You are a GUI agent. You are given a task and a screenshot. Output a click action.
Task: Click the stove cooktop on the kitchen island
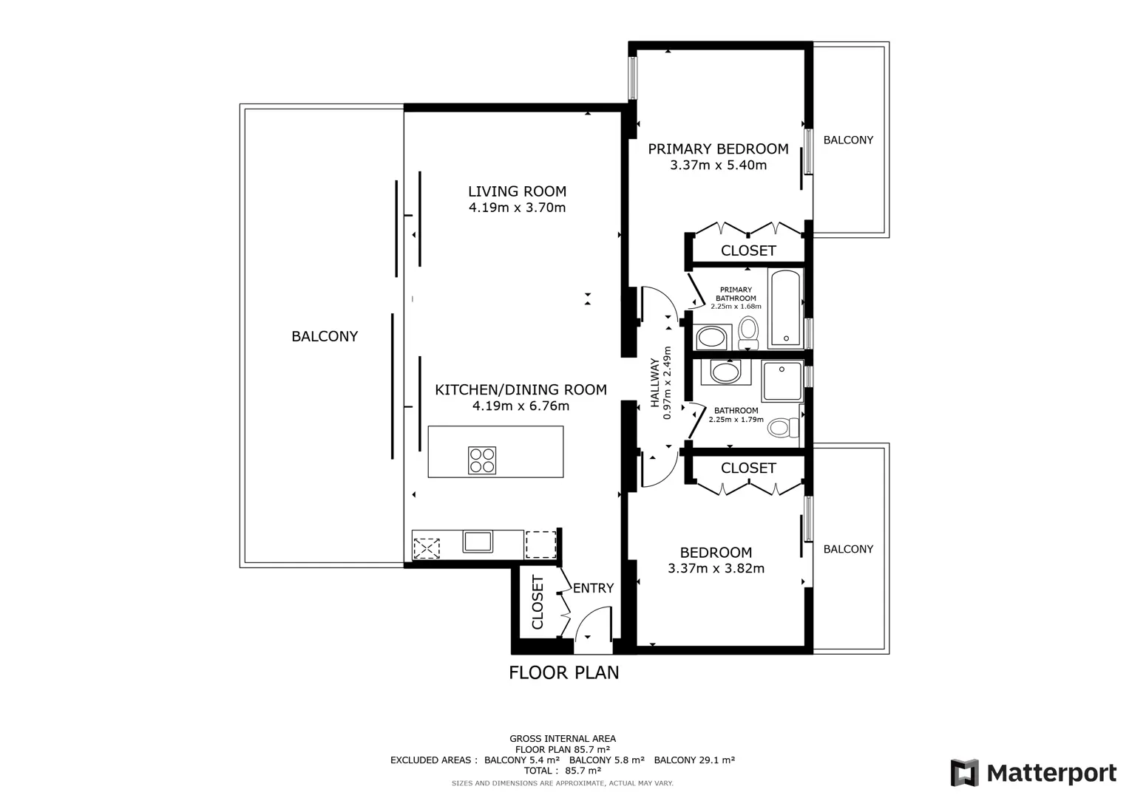click(x=482, y=460)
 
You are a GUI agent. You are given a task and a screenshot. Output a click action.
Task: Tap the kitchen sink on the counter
click(x=478, y=542)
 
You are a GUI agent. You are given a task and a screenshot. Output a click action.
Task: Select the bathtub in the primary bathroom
click(x=785, y=308)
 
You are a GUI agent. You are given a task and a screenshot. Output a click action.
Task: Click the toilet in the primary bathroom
click(x=748, y=332)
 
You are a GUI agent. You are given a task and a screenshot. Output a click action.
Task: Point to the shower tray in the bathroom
click(x=782, y=381)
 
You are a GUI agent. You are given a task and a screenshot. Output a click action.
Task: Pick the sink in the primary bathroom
click(x=712, y=337)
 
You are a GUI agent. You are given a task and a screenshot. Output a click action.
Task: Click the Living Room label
click(x=517, y=191)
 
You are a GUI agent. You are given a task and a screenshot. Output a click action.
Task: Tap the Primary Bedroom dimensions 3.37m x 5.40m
click(x=718, y=166)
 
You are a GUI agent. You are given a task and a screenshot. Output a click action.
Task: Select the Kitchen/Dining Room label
click(x=521, y=389)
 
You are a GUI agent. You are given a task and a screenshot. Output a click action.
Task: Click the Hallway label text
click(x=655, y=383)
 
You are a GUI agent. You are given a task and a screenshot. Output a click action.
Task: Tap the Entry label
click(x=593, y=588)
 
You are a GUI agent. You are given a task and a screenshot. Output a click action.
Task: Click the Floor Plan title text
click(x=564, y=672)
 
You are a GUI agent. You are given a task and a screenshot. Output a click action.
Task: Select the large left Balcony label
click(x=325, y=336)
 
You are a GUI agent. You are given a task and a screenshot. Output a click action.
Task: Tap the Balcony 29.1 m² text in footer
click(x=694, y=760)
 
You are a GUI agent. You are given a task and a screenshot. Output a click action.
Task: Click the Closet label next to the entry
click(x=538, y=602)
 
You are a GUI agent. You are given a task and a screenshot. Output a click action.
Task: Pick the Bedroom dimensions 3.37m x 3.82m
click(x=716, y=568)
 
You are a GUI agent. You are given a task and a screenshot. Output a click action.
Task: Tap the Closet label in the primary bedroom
click(x=748, y=250)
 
